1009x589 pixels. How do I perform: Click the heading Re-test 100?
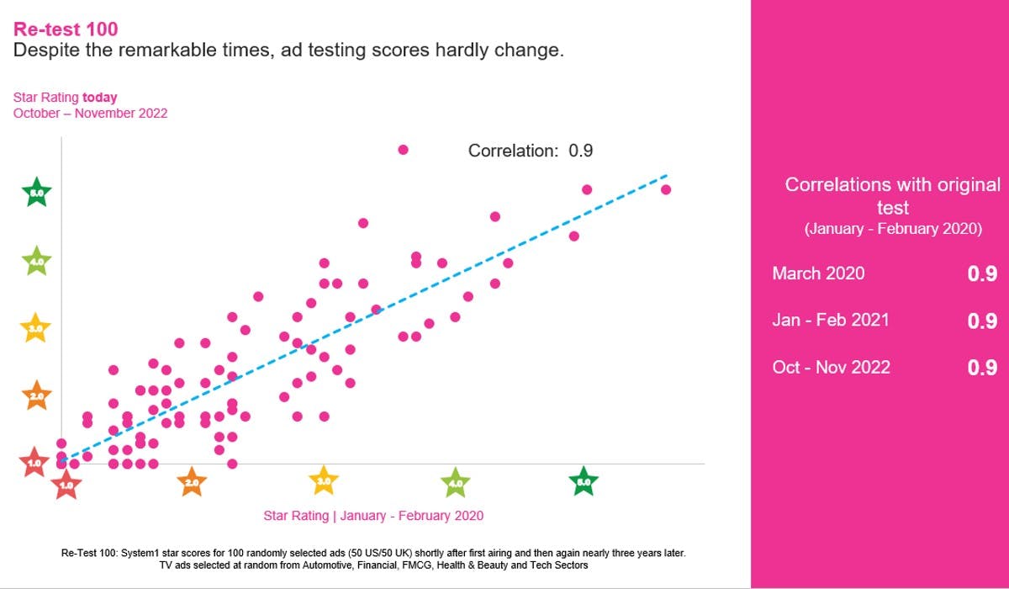(x=66, y=29)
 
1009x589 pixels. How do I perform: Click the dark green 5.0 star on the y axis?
(x=36, y=193)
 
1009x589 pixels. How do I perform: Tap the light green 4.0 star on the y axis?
(x=36, y=262)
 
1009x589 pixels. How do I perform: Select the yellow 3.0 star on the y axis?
(x=36, y=328)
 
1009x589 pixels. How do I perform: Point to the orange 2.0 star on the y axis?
(x=36, y=395)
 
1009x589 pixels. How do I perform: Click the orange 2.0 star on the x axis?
(x=192, y=482)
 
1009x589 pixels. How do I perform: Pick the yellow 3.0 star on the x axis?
(x=324, y=481)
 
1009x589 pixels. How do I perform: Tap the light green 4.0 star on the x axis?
(x=455, y=483)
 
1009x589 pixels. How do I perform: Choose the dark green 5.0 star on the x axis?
(x=584, y=482)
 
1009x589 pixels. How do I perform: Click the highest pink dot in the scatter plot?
(x=403, y=150)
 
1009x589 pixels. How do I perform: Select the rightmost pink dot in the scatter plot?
(x=666, y=189)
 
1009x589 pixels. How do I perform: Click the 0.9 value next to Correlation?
(x=581, y=151)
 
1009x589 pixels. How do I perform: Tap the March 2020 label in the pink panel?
(x=818, y=273)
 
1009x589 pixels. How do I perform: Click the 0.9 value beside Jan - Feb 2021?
(x=981, y=321)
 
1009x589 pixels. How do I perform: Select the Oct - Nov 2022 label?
(x=831, y=367)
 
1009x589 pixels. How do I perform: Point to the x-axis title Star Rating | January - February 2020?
(x=373, y=516)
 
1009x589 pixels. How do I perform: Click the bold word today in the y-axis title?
(x=100, y=98)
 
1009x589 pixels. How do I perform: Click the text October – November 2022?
(x=90, y=113)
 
